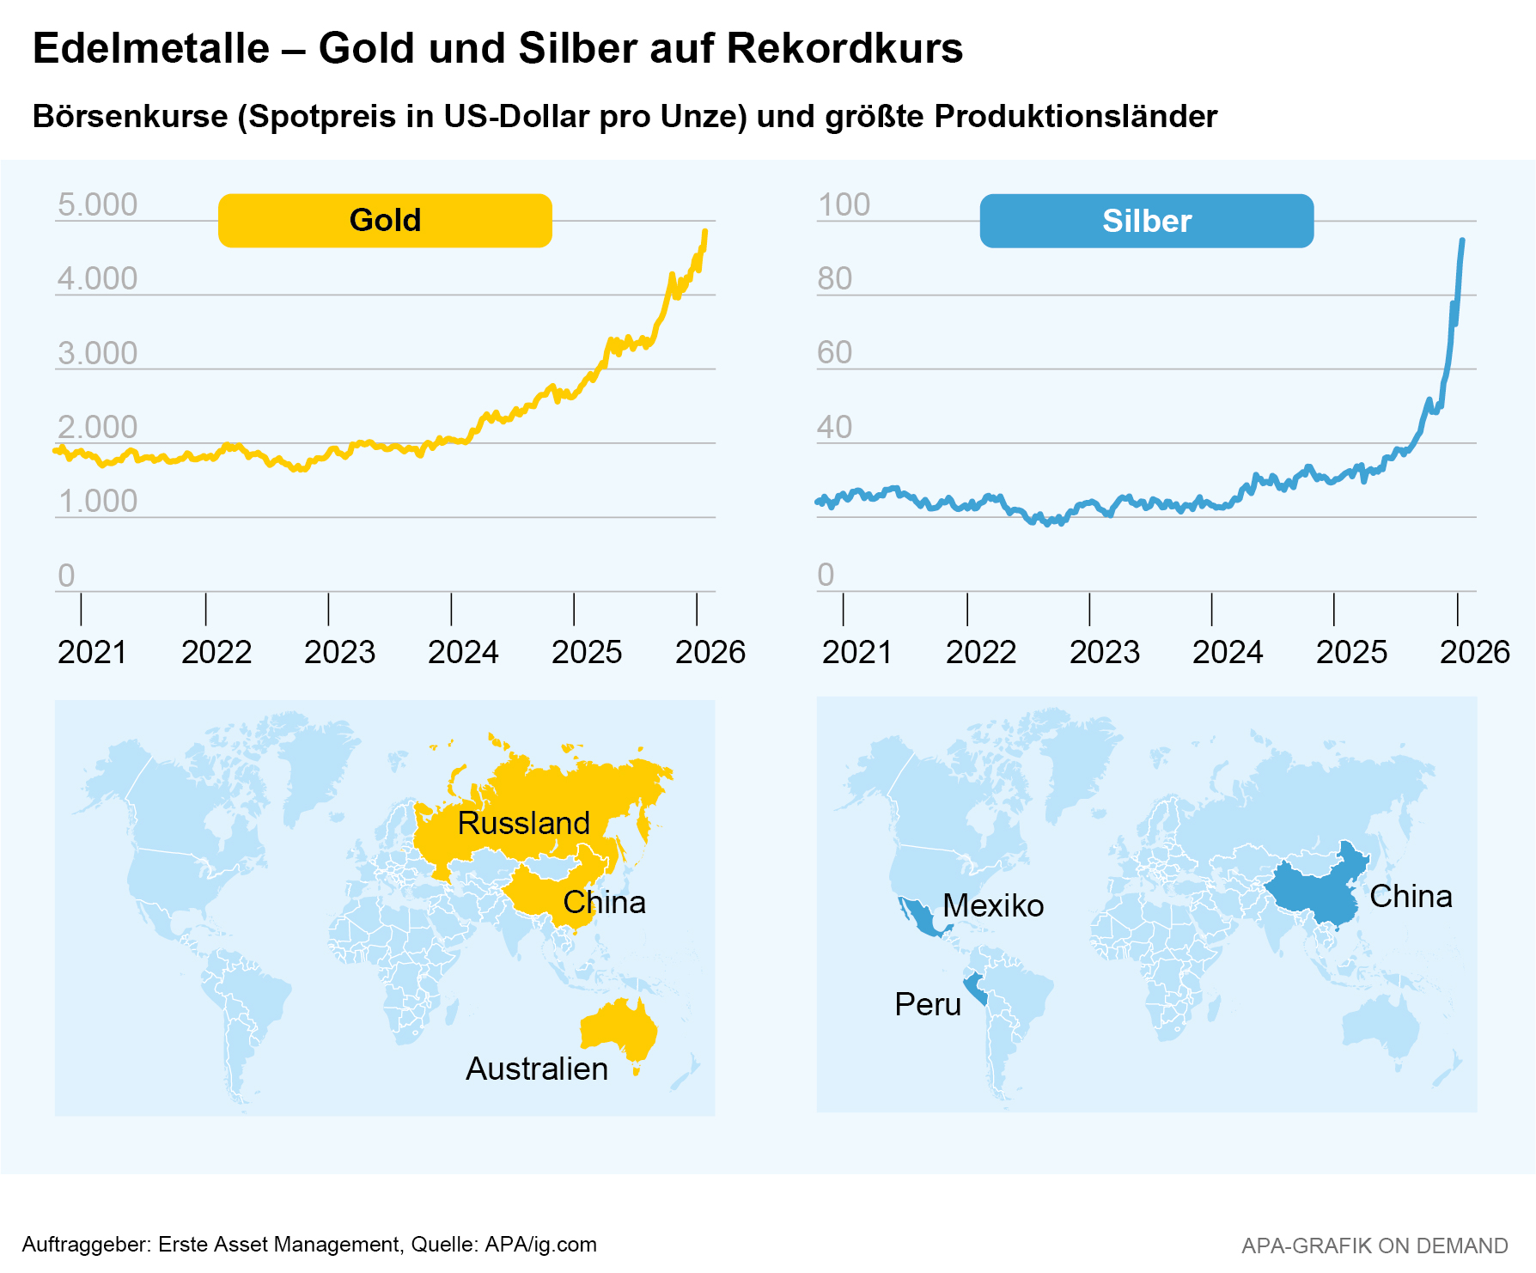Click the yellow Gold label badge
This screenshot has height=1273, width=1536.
click(x=385, y=221)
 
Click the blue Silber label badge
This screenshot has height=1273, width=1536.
click(x=1146, y=222)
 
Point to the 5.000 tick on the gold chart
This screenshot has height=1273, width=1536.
click(x=97, y=205)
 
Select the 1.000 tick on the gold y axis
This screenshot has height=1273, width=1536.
click(x=97, y=502)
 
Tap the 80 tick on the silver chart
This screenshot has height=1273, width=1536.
click(x=834, y=279)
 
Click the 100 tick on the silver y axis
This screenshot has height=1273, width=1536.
click(x=844, y=205)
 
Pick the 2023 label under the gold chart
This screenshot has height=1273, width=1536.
click(x=339, y=653)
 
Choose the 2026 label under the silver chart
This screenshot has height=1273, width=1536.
click(x=1474, y=653)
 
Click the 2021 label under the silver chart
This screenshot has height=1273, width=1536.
click(x=856, y=653)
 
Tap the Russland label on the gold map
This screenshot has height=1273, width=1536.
click(x=523, y=823)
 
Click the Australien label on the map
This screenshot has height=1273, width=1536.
click(x=537, y=1069)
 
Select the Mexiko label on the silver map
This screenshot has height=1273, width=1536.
click(x=993, y=905)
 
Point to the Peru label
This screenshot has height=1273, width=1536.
click(x=928, y=1004)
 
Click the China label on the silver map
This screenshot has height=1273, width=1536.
click(x=1411, y=896)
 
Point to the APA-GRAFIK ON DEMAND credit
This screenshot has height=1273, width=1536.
click(x=1374, y=1246)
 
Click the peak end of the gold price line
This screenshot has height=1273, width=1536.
click(x=705, y=231)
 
